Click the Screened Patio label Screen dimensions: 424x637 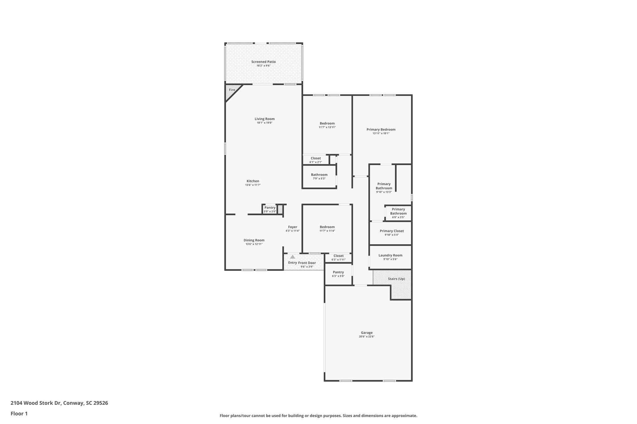coord(263,62)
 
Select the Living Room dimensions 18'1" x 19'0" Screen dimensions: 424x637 coord(264,123)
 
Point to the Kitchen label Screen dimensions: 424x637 coord(253,181)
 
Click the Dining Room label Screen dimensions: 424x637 coord(254,240)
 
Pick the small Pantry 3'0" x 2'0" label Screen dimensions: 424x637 coord(270,208)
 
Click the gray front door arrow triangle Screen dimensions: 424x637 coord(292,257)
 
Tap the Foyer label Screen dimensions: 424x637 coord(292,227)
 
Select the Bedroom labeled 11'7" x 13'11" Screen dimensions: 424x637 coord(327,124)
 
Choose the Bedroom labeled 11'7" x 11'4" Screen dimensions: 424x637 coord(327,227)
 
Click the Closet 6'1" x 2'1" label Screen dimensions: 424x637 coord(315,158)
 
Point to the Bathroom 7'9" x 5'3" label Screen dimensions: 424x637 coord(319,175)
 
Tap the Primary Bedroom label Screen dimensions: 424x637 coord(381,130)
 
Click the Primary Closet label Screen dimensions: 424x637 coord(392,231)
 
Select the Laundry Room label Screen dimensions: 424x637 coord(390,255)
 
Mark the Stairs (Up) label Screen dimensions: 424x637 coord(396,279)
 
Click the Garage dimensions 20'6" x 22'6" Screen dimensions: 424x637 coord(367,336)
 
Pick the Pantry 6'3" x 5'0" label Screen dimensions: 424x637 coord(338,272)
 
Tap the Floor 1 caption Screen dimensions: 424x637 coord(19,413)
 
